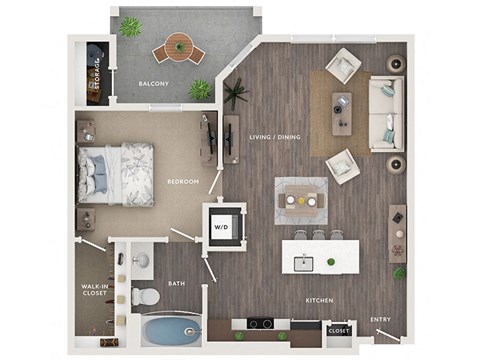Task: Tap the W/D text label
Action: coord(220,226)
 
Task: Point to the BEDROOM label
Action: coord(183,181)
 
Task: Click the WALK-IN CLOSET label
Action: coord(96,291)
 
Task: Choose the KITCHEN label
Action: coord(320,300)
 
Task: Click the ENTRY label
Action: coord(381,320)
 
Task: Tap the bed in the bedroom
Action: coord(118,174)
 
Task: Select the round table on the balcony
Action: coord(177,45)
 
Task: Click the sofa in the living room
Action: coord(385,112)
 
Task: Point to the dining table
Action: coord(300,199)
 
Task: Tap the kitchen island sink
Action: coord(302,263)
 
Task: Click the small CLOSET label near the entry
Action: coord(338,330)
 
